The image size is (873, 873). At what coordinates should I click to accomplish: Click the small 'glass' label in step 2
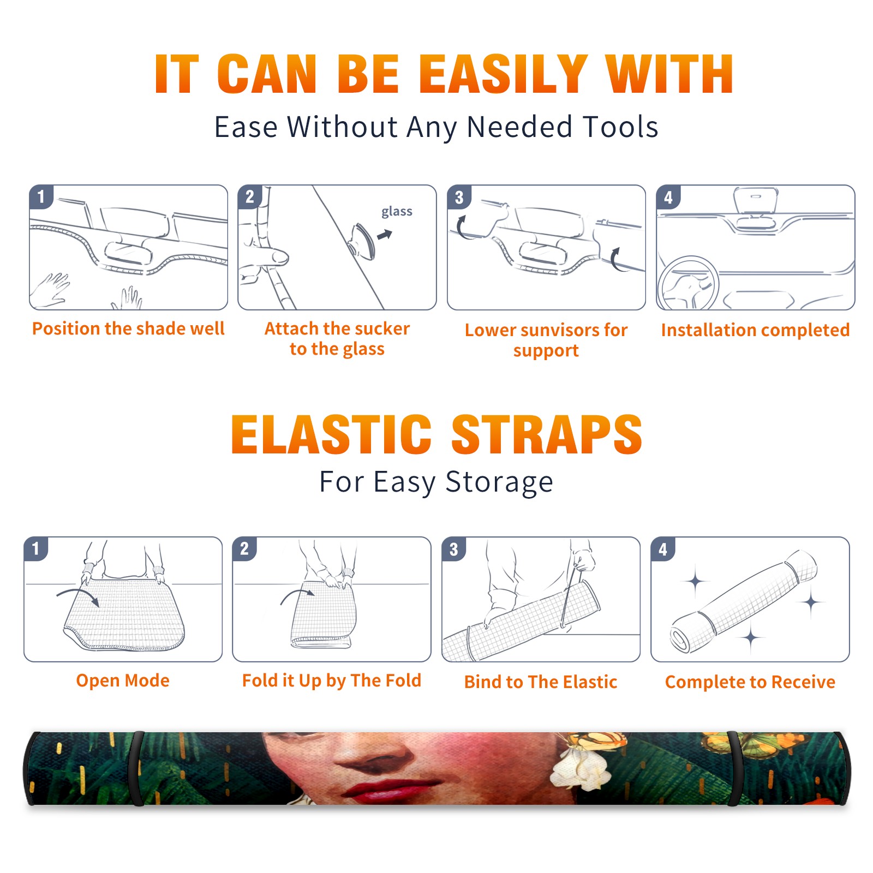397,211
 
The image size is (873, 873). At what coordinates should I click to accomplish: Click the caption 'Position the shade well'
128,328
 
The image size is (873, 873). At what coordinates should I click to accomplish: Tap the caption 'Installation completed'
755,330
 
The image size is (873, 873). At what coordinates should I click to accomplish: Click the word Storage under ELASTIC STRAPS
499,482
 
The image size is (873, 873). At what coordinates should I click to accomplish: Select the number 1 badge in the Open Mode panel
37,548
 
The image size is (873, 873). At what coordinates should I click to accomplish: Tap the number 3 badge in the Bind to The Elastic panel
454,549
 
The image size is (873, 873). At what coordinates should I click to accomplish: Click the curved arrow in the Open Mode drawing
79,596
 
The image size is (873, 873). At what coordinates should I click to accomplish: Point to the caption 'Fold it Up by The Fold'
331,680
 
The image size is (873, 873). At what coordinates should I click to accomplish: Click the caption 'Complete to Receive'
750,682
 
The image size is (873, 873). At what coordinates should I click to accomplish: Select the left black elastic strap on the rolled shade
136,768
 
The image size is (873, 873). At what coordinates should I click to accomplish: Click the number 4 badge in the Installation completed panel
668,197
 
